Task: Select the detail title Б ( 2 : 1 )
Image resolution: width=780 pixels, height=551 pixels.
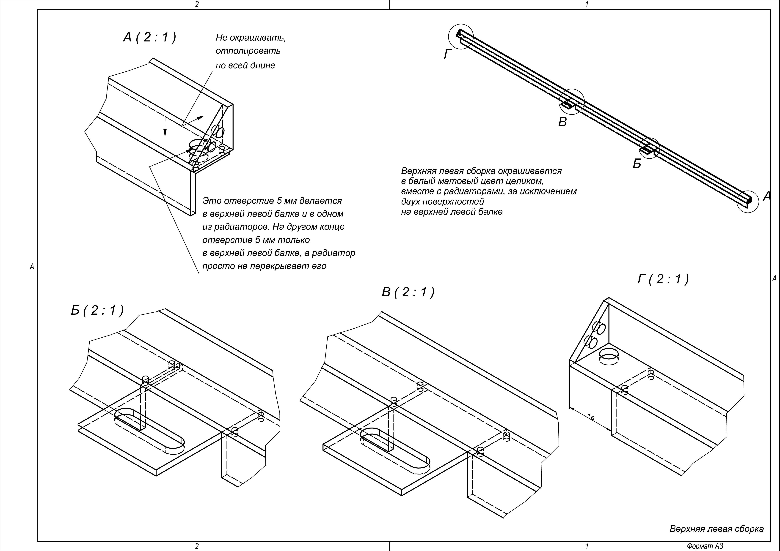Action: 97,310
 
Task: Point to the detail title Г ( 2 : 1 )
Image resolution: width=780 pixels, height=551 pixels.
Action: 663,279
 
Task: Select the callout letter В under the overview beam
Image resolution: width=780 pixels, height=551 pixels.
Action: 563,122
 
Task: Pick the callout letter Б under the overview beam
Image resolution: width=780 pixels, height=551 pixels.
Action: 637,164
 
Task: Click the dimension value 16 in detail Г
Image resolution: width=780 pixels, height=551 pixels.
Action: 591,417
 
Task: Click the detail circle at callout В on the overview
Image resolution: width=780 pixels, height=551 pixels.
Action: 572,101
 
